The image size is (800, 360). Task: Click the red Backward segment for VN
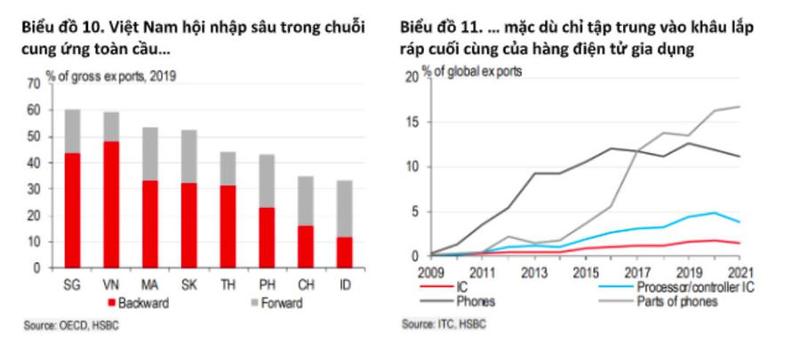(112, 204)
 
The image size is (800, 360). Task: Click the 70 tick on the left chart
(35, 84)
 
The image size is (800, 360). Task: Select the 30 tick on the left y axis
(35, 188)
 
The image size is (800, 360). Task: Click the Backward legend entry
(138, 302)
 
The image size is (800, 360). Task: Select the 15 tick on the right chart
(411, 121)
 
